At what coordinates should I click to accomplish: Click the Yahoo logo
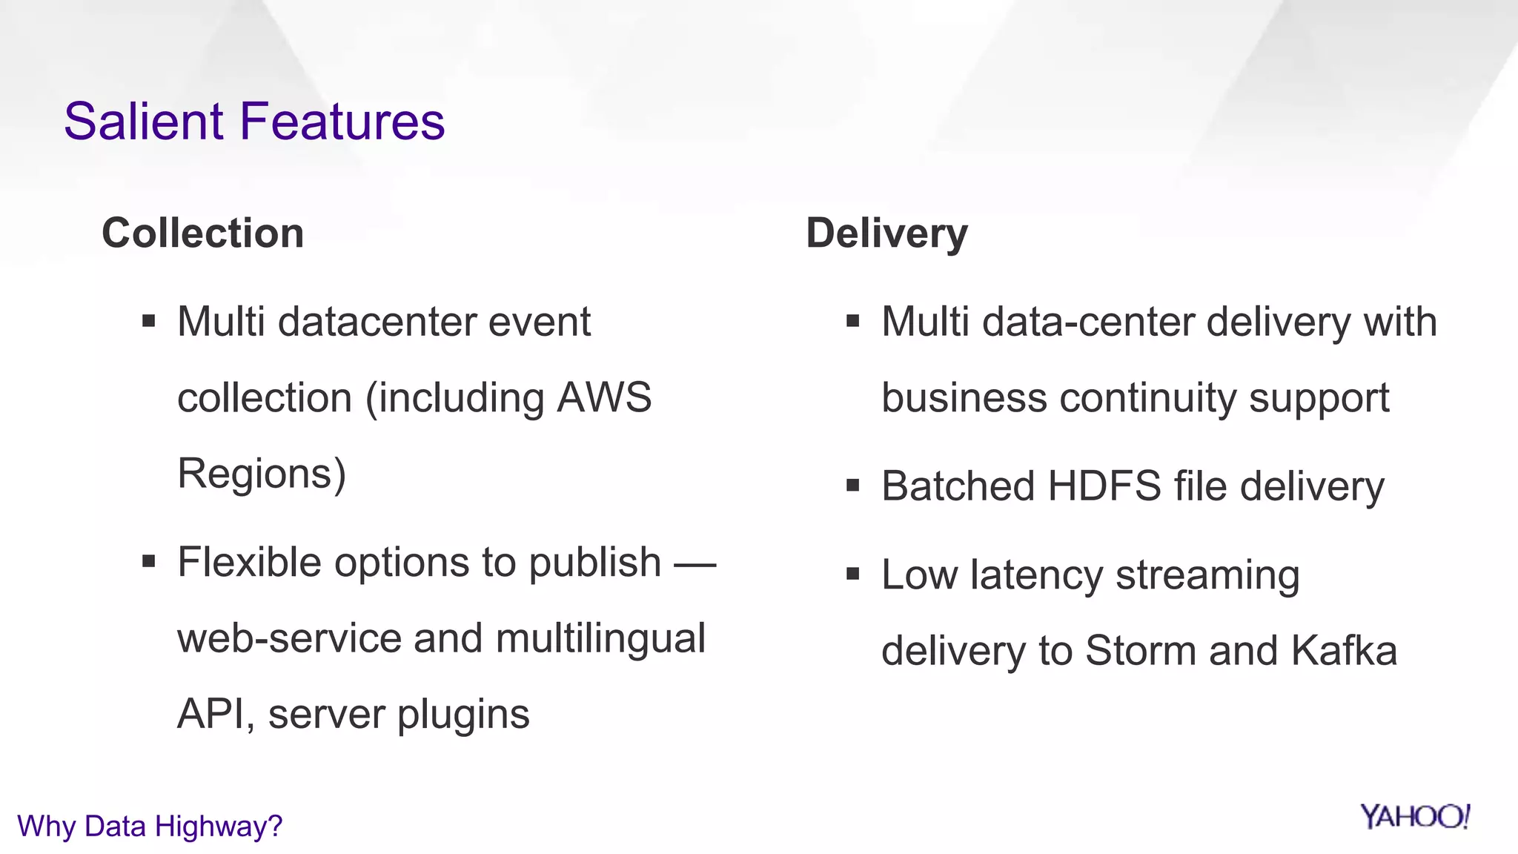point(1414,816)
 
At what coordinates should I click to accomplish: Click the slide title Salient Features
point(254,122)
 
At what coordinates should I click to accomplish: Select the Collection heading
point(202,233)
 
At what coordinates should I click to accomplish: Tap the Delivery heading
point(886,233)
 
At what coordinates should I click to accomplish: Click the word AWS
point(604,397)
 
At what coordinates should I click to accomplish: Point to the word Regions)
point(262,474)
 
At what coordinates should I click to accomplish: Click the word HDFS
point(1104,486)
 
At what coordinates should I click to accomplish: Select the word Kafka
point(1344,651)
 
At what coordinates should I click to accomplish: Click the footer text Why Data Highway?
point(150,826)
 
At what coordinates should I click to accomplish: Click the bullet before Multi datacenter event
point(149,322)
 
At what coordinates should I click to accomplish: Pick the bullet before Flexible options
point(149,562)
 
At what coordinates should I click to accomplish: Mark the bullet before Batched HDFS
point(852,486)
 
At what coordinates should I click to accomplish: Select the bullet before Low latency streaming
point(852,574)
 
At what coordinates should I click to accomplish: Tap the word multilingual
point(600,638)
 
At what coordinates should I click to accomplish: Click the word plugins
point(463,715)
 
